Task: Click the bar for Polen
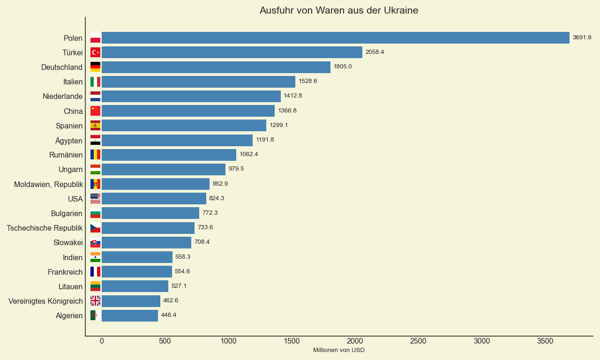pyautogui.click(x=335, y=38)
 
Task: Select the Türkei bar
pyautogui.click(x=232, y=52)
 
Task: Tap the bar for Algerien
pyautogui.click(x=130, y=315)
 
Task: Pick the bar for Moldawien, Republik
pyautogui.click(x=156, y=184)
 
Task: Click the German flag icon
pyautogui.click(x=95, y=67)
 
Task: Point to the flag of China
pyautogui.click(x=95, y=111)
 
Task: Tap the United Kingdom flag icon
pyautogui.click(x=95, y=301)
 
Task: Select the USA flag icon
pyautogui.click(x=95, y=199)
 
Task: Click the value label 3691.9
pyautogui.click(x=582, y=37)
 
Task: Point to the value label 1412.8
pyautogui.click(x=293, y=96)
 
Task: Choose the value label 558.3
pyautogui.click(x=183, y=257)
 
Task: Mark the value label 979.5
pyautogui.click(x=236, y=169)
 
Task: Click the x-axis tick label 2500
pyautogui.click(x=418, y=341)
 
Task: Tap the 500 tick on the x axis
pyautogui.click(x=165, y=341)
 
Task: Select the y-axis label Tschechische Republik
pyautogui.click(x=45, y=228)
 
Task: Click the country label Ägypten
pyautogui.click(x=69, y=141)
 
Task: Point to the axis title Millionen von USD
pyautogui.click(x=338, y=350)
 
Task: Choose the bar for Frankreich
pyautogui.click(x=137, y=272)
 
